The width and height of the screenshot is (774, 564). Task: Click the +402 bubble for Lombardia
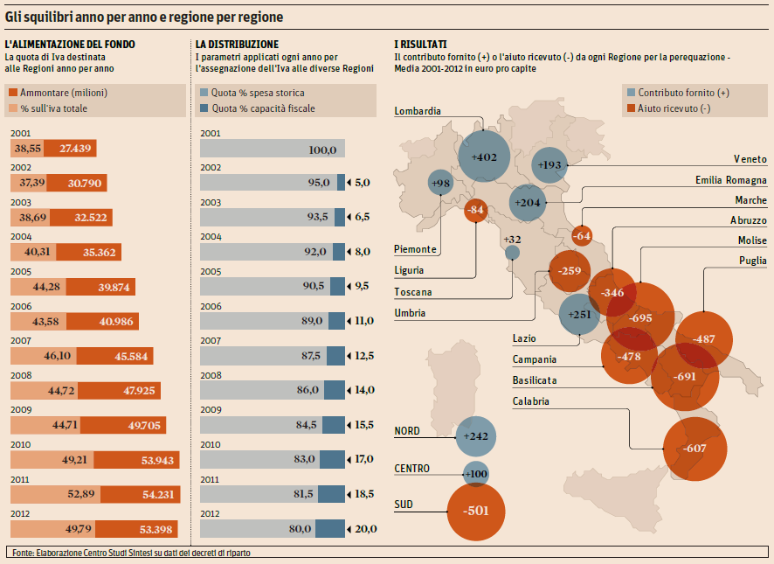483,157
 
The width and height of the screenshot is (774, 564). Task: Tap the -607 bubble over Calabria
695,449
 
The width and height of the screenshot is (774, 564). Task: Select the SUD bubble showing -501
476,511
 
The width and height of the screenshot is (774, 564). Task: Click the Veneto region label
750,159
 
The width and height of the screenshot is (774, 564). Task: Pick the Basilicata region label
535,380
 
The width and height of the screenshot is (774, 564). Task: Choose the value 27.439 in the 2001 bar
76,149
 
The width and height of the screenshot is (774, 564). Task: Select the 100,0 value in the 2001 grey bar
322,150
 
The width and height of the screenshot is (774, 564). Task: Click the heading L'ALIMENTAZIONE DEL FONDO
70,44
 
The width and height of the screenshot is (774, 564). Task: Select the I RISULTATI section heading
420,44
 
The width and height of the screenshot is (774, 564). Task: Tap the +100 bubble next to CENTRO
476,474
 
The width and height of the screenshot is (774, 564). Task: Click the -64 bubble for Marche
582,234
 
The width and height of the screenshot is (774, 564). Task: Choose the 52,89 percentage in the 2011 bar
81,494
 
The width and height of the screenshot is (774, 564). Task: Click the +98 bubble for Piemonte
441,183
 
